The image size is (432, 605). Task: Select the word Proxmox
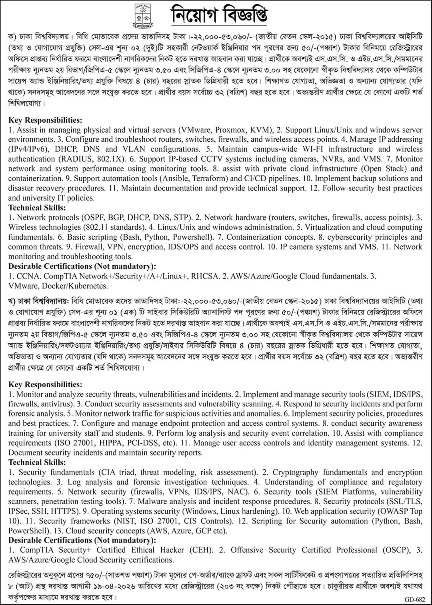[x=231, y=130]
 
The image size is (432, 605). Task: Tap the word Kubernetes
[x=88, y=286]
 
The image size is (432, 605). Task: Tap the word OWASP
[x=393, y=511]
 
